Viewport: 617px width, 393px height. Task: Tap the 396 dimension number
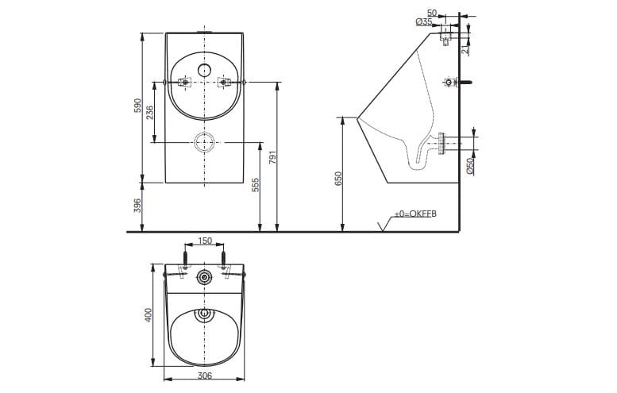137,207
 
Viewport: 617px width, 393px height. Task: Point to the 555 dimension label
256,186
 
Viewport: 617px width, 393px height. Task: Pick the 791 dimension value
273,157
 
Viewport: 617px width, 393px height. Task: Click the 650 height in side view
337,179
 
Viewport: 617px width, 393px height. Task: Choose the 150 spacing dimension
205,241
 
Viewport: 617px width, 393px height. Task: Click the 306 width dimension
205,376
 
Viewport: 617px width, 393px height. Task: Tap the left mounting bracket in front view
184,82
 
